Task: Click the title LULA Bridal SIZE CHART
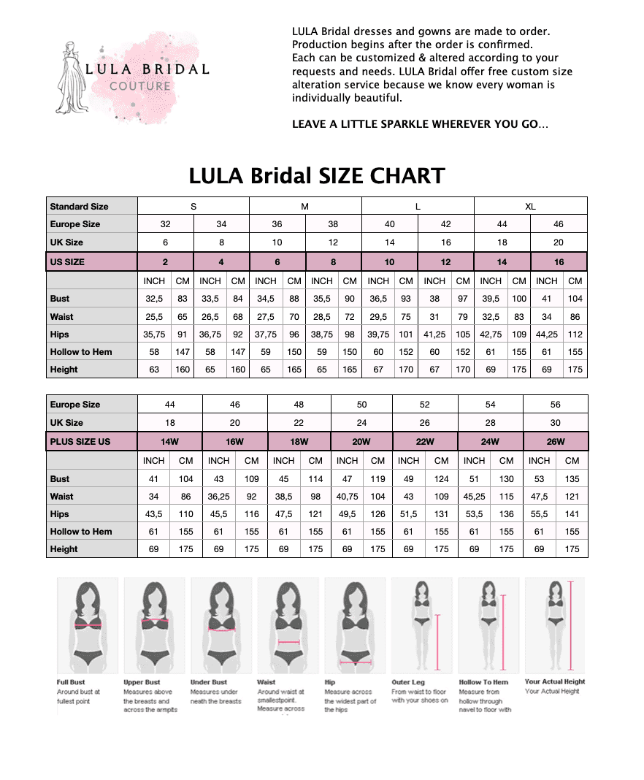(316, 176)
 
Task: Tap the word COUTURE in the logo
(140, 86)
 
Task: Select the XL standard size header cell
(530, 207)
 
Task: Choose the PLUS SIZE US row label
(80, 442)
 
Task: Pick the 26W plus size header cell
(555, 442)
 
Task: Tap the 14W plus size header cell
(170, 442)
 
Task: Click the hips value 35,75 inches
(153, 334)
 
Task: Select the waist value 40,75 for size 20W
(347, 497)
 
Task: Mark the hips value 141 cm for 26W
(572, 514)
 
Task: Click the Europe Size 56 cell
(555, 405)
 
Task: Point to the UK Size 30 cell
(555, 423)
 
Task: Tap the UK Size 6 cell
(166, 242)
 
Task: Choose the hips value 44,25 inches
(546, 334)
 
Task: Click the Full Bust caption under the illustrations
(71, 682)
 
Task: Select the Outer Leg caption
(407, 682)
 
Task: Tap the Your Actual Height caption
(554, 682)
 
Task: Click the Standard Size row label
(79, 207)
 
